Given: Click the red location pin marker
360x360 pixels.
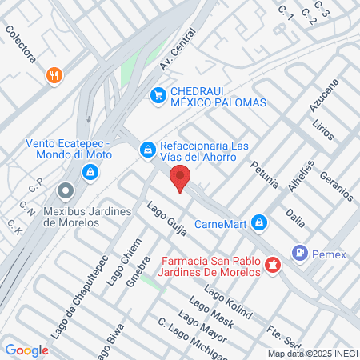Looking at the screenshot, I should point(180,179).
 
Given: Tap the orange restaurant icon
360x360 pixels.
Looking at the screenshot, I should point(54,75).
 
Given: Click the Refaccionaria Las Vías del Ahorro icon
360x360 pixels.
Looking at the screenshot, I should point(147,150).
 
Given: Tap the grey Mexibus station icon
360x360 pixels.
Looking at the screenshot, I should point(66,191).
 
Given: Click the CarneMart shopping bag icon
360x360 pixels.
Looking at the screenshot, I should point(258,222).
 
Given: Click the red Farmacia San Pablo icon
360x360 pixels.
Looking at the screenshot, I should point(273,264).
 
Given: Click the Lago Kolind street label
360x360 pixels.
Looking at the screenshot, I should point(232,301).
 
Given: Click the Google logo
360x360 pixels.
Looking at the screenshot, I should point(26,350).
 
